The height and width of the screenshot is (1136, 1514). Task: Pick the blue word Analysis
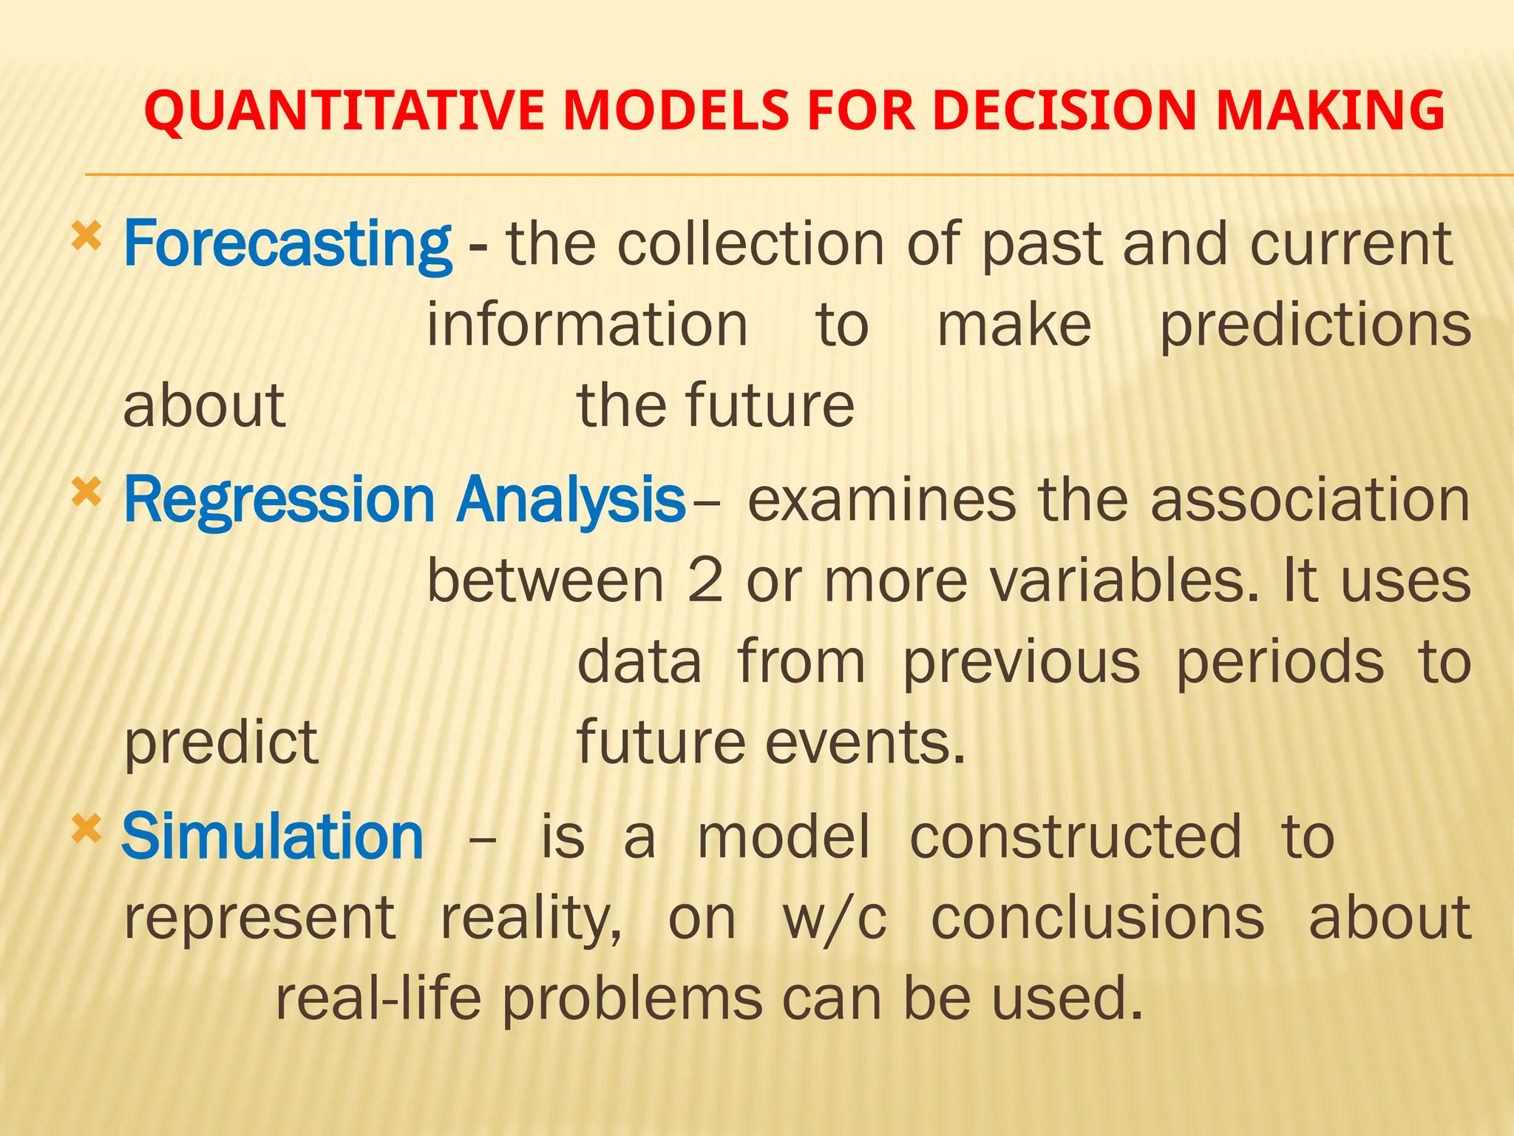point(571,501)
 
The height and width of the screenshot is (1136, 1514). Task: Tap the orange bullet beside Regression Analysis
point(86,493)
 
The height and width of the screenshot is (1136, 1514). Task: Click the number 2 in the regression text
point(705,581)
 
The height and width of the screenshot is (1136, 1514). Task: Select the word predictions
point(1315,325)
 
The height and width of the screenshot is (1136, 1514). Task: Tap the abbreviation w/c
point(835,918)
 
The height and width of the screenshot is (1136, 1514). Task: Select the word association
point(1311,501)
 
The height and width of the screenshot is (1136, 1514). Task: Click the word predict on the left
point(220,743)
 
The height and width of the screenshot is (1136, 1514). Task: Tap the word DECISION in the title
point(1064,111)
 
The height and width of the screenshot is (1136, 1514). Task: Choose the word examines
point(882,501)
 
